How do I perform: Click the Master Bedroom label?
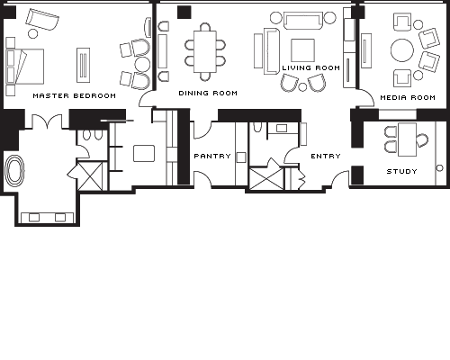75,96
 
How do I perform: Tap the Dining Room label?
208,94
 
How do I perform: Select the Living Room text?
311,68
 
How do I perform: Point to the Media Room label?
408,97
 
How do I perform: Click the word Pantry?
212,156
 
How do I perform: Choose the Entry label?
326,156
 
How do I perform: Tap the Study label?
402,171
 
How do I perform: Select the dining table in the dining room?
205,51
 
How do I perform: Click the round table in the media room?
402,50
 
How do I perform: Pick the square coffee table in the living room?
302,50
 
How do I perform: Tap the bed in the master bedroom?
25,67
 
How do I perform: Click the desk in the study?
407,139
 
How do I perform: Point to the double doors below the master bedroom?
48,121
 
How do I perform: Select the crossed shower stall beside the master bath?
90,175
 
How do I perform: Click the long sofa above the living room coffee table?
302,21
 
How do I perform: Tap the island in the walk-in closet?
144,153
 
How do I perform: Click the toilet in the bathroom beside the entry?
257,127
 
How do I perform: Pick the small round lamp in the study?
440,168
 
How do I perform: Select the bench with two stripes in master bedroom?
83,65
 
